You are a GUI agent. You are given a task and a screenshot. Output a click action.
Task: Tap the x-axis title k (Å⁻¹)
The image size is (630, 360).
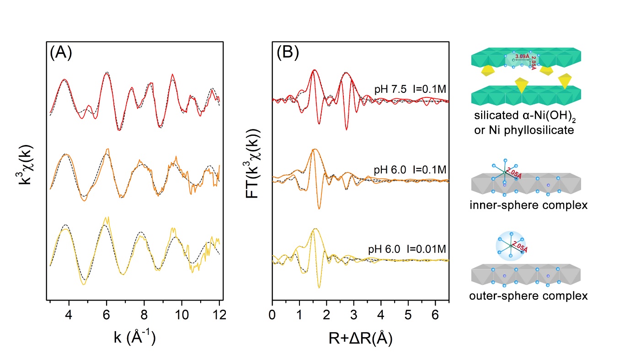pyautogui.click(x=134, y=339)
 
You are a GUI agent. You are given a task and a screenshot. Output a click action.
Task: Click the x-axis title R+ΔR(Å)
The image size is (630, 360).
pyautogui.click(x=360, y=339)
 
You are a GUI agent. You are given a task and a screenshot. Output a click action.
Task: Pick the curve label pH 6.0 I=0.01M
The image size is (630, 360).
pyautogui.click(x=407, y=249)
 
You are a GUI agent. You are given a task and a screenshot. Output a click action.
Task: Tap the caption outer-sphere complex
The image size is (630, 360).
pyautogui.click(x=528, y=296)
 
